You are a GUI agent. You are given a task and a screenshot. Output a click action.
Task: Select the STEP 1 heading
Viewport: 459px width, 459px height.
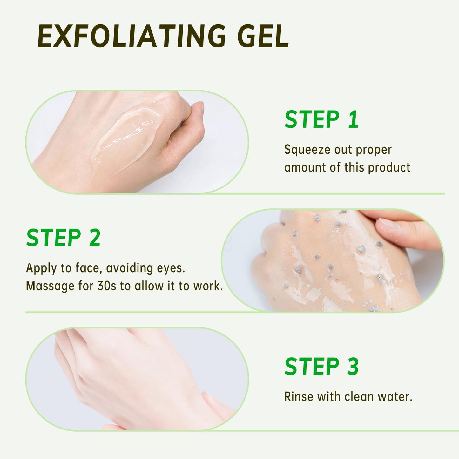[321, 120]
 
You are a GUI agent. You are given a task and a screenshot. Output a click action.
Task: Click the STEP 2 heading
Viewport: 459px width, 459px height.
[63, 238]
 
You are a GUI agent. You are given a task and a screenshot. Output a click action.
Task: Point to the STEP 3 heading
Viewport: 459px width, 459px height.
[321, 367]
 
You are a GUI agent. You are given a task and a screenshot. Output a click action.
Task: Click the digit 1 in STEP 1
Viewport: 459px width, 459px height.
[353, 120]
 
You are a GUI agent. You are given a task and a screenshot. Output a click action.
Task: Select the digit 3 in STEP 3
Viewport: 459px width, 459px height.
[353, 367]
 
